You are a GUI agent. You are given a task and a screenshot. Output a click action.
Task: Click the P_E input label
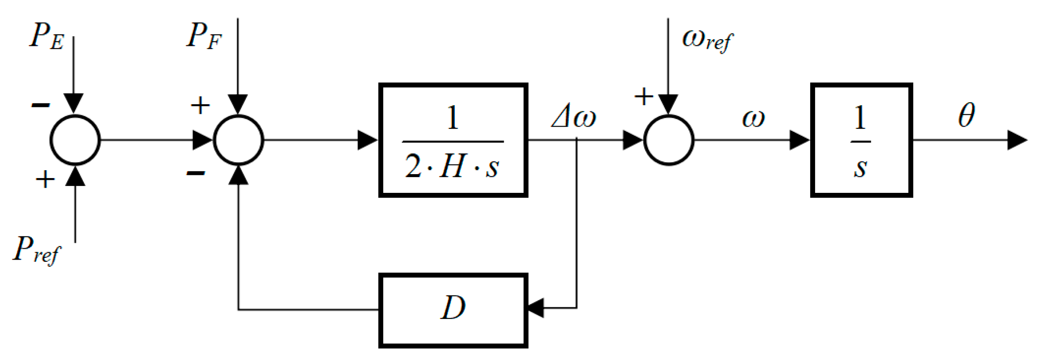tap(46, 36)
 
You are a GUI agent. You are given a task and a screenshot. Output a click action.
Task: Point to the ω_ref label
tap(707, 40)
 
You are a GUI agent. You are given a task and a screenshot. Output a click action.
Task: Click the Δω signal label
tap(573, 117)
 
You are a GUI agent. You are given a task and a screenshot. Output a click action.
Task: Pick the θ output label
tap(966, 116)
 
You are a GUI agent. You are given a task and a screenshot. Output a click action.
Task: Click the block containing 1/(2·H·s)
tap(453, 140)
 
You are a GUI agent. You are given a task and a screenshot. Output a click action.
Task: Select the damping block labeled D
tap(453, 310)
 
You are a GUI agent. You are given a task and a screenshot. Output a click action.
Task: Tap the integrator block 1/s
tap(861, 140)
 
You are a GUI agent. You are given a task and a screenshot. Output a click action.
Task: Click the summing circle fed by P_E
tap(75, 140)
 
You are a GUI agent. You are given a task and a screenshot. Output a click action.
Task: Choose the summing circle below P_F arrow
tap(238, 140)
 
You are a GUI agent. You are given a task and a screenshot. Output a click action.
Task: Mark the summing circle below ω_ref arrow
tap(668, 140)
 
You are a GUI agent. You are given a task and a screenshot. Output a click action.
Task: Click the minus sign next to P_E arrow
tap(41, 105)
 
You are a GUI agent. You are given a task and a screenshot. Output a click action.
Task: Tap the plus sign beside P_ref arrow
tap(45, 179)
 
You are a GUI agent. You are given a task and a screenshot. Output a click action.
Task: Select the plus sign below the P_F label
tap(200, 106)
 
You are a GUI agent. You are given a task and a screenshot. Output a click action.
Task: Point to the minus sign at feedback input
tap(196, 174)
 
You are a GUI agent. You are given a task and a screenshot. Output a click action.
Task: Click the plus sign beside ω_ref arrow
tap(643, 96)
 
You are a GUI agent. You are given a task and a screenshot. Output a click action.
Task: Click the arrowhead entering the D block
tap(536, 308)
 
